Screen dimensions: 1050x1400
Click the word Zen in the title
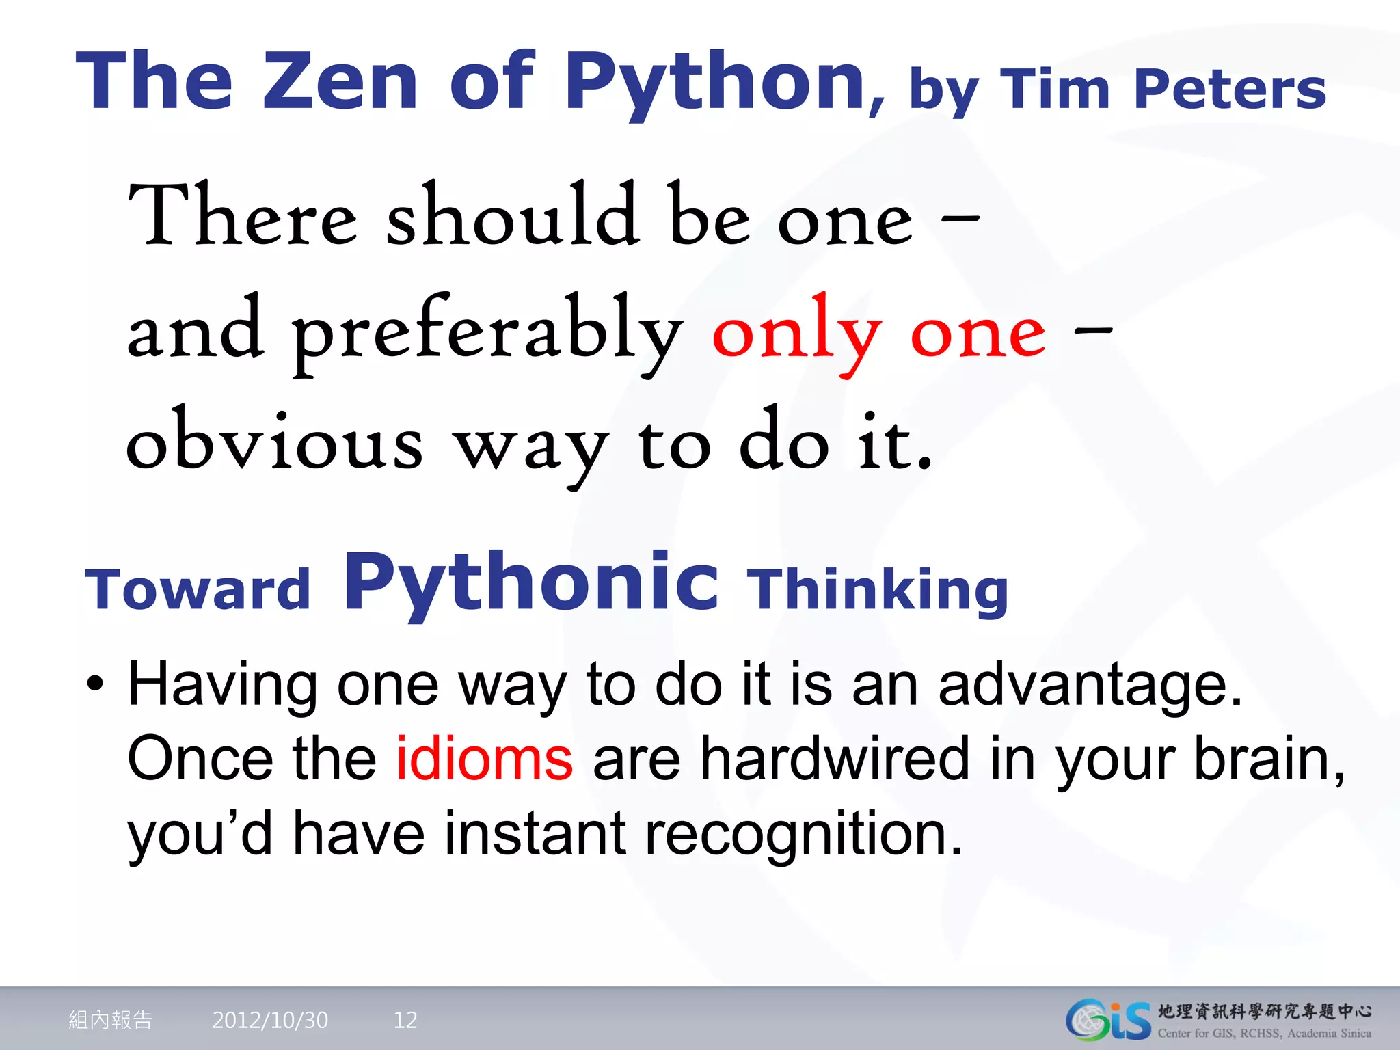(340, 82)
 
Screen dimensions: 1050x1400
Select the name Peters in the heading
(1229, 89)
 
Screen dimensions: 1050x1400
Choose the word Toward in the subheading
(198, 589)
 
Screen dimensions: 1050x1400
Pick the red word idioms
(484, 759)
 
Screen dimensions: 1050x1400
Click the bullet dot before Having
(95, 684)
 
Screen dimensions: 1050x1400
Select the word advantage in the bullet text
(1090, 685)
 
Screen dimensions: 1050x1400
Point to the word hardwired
(834, 759)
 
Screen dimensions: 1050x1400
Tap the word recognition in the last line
(803, 834)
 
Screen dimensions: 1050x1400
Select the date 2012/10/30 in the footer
(270, 1020)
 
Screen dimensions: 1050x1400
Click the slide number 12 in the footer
(405, 1020)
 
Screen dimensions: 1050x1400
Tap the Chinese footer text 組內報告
(111, 1020)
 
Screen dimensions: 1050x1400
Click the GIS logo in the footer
(1108, 1020)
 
